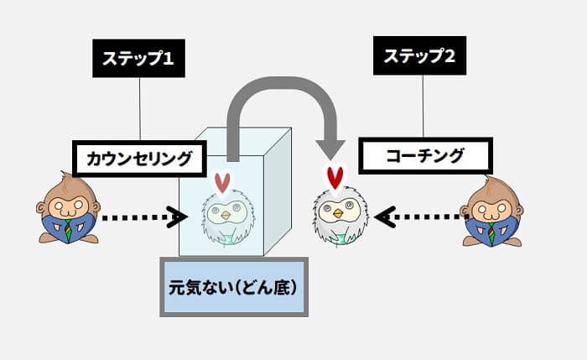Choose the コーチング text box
(x=425, y=155)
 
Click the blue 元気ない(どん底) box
(x=233, y=286)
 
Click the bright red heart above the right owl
(x=335, y=178)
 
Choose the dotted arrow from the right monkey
(x=419, y=217)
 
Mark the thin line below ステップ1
(x=140, y=109)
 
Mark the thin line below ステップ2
(x=423, y=106)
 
